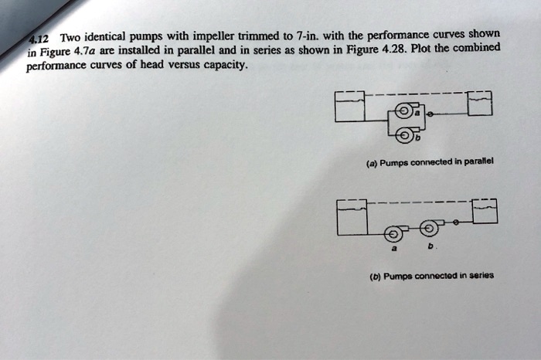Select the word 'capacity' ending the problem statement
coord(224,66)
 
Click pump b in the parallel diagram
coord(407,136)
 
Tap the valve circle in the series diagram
coord(456,223)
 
